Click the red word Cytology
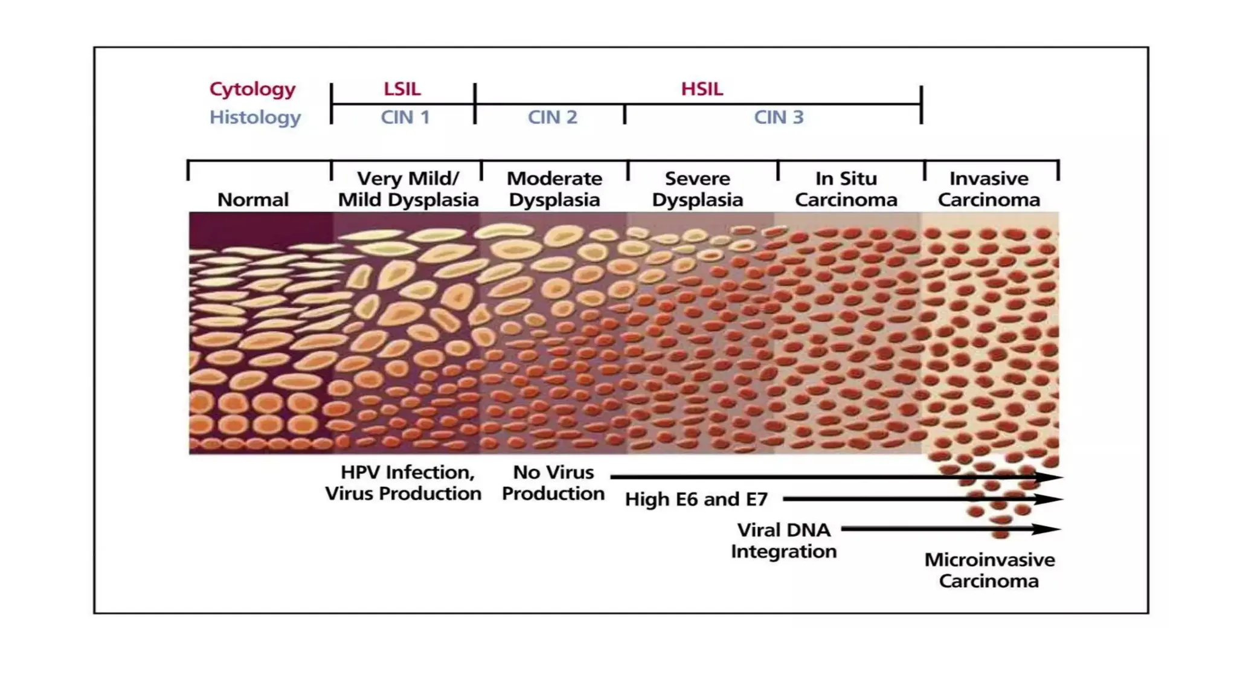[x=252, y=89]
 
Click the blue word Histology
[x=255, y=117]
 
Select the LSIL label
[x=402, y=89]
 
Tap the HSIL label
[x=702, y=89]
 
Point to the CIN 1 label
[x=405, y=117]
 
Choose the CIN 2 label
[x=553, y=117]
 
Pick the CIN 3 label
[x=779, y=117]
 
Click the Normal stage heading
[x=253, y=200]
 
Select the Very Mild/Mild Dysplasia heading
[x=408, y=189]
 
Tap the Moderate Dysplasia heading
[x=554, y=189]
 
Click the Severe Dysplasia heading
[x=698, y=189]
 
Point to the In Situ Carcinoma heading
[x=846, y=189]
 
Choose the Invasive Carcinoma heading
[x=989, y=189]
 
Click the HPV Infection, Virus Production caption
[x=403, y=483]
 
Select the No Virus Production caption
[x=553, y=483]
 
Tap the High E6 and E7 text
[x=696, y=500]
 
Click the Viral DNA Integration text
[x=784, y=541]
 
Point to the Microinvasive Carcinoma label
[x=989, y=570]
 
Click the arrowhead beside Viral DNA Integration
[x=1048, y=529]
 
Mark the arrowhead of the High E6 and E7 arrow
[x=1050, y=500]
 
